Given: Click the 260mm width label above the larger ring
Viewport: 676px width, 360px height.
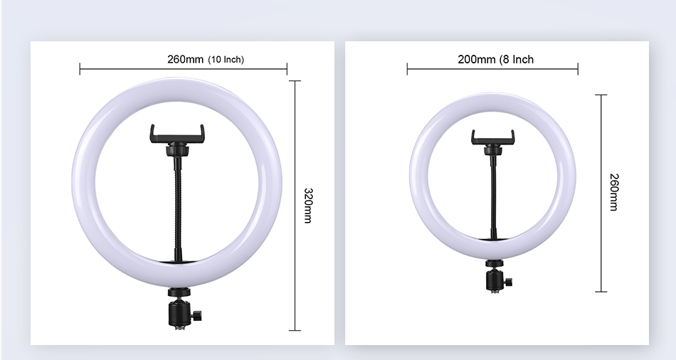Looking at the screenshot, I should pos(185,59).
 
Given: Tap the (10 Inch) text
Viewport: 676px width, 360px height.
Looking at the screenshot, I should pos(226,60).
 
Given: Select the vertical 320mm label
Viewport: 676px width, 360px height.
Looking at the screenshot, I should pos(308,206).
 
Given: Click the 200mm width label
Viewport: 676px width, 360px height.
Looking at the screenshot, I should pos(477,59).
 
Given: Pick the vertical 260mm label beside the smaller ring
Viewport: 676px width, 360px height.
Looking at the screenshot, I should pos(614,192).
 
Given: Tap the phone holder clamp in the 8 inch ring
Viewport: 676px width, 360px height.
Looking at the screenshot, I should pos(492,136).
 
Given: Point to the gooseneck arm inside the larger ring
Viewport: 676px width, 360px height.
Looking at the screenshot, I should pos(176,206).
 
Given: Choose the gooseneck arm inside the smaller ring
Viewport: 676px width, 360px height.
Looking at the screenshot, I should pos(492,199).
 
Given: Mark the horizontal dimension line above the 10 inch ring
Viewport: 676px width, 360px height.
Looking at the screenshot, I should pos(183,69).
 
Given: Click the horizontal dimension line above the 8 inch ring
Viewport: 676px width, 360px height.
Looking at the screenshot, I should pos(492,69).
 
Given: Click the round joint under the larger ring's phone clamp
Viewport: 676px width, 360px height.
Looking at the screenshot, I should pos(176,150).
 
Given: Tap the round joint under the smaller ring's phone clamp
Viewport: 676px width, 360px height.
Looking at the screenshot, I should pos(492,150).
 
